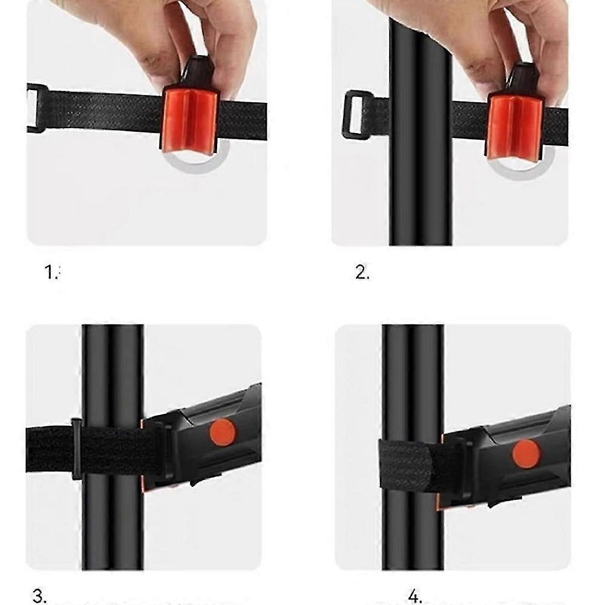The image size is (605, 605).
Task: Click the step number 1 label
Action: tap(52, 273)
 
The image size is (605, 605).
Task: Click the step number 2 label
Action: tap(362, 273)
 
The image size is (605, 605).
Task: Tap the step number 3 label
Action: tap(39, 597)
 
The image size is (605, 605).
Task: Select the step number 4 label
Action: tap(415, 597)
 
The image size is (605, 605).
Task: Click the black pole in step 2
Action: tap(420, 181)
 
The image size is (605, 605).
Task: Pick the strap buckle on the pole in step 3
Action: tap(77, 448)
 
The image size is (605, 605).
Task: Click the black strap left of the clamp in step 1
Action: tap(103, 112)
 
